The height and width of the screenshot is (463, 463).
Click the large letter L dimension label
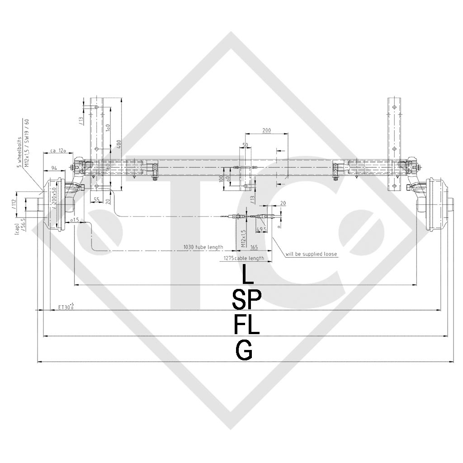[x=245, y=274]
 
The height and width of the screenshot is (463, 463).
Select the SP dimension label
[x=246, y=299]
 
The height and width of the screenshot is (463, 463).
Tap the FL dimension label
[x=246, y=324]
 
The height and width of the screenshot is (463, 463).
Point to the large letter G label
[x=244, y=350]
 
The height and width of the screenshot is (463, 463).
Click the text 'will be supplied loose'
[x=311, y=254]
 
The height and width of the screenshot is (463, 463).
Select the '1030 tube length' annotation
[x=203, y=247]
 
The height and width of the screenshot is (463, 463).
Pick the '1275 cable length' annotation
[x=244, y=258]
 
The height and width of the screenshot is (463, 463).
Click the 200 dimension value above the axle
[x=266, y=130]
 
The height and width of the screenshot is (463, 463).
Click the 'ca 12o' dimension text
[x=58, y=150]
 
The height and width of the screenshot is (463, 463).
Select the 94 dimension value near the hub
[x=53, y=168]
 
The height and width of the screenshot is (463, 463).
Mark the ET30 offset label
[x=66, y=307]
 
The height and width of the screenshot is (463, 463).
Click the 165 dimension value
[x=254, y=247]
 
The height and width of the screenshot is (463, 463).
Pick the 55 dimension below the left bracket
[x=96, y=199]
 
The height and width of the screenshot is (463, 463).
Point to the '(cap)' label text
[x=17, y=230]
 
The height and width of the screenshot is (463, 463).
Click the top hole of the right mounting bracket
[x=395, y=108]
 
